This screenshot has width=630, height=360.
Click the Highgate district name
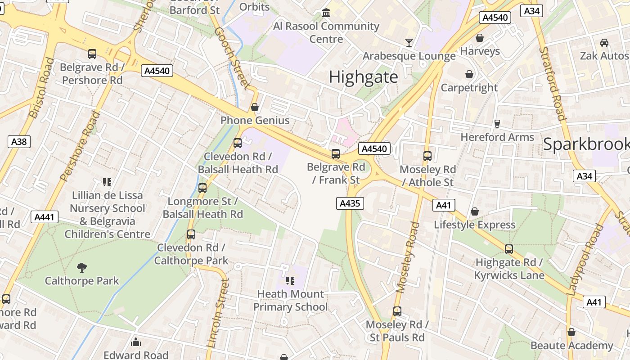click(x=363, y=77)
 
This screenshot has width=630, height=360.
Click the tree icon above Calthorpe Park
click(x=82, y=268)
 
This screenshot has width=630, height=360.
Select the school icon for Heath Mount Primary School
click(x=290, y=281)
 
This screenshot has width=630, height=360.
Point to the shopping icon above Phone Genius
click(x=255, y=107)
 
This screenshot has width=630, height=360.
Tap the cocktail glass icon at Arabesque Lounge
click(x=409, y=43)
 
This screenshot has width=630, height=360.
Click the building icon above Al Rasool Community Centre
click(x=326, y=13)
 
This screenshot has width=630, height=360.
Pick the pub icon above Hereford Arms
click(x=497, y=123)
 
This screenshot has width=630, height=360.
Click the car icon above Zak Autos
click(x=604, y=43)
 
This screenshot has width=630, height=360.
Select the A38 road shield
click(x=19, y=142)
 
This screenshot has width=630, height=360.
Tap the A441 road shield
click(x=45, y=217)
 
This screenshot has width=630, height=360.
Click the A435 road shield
click(x=350, y=203)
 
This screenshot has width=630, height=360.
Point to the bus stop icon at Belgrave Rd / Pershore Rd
click(x=92, y=54)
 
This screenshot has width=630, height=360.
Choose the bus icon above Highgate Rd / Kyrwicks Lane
click(x=509, y=249)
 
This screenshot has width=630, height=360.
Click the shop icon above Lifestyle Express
click(x=475, y=211)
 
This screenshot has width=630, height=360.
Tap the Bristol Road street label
click(x=41, y=88)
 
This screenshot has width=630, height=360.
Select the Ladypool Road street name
click(x=585, y=261)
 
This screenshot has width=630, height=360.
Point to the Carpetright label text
click(x=469, y=87)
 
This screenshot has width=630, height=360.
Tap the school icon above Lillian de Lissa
click(x=107, y=182)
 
